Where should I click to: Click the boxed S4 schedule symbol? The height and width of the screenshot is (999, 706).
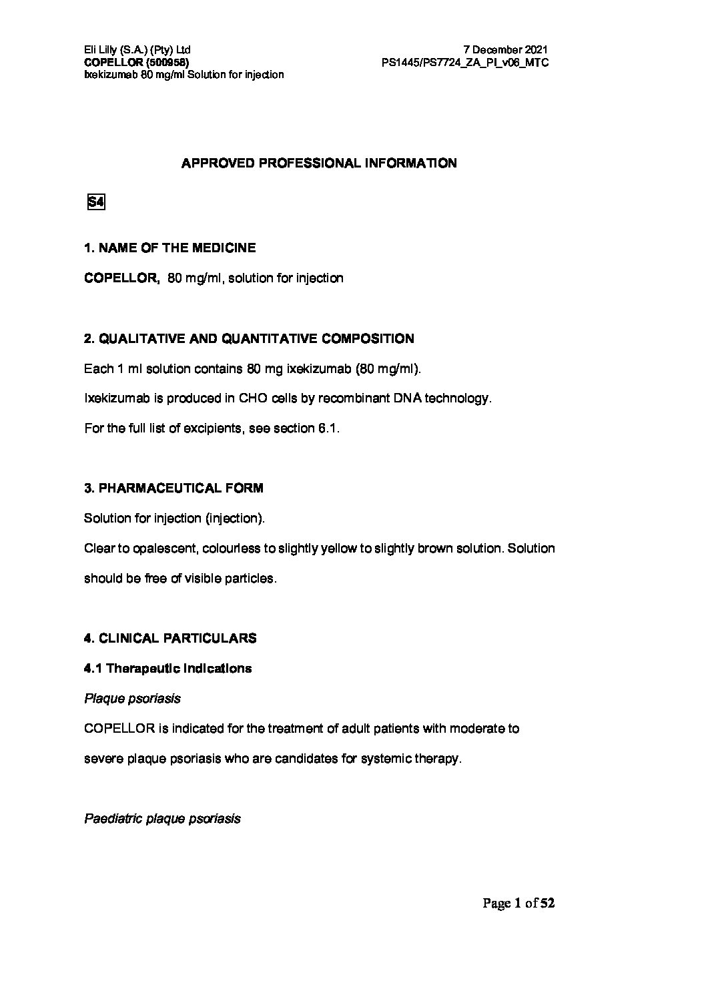(x=96, y=202)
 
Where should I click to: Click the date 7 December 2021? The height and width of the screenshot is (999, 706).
(x=506, y=50)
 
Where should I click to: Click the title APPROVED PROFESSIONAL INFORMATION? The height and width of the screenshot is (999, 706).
(x=319, y=163)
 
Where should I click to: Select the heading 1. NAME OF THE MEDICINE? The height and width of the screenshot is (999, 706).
(x=169, y=248)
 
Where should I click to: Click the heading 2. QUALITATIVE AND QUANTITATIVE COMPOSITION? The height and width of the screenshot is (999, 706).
(x=249, y=339)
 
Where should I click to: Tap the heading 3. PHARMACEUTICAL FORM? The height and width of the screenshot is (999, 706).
(x=173, y=488)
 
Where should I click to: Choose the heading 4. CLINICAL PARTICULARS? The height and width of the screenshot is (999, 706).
(x=170, y=639)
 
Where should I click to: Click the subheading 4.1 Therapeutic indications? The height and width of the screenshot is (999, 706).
(x=168, y=669)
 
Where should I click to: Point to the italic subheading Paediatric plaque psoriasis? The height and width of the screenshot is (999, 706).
(x=162, y=819)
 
